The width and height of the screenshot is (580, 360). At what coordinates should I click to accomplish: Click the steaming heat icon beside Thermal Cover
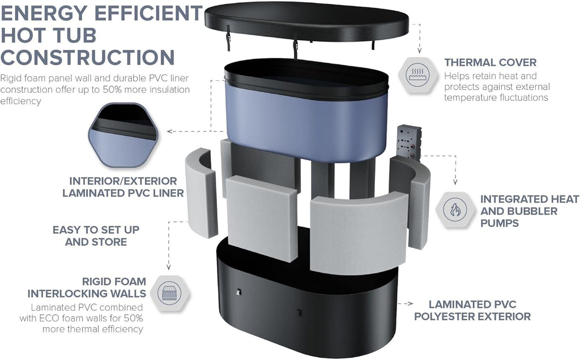click(x=417, y=75)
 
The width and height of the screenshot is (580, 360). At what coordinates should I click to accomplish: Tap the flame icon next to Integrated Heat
click(x=454, y=209)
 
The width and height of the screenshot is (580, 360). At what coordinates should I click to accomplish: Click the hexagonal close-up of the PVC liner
click(x=123, y=135)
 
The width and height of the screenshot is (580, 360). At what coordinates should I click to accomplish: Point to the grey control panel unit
click(x=408, y=143)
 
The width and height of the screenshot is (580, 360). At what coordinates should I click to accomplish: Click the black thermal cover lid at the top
click(x=306, y=21)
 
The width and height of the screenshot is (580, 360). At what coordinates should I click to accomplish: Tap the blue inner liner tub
click(x=306, y=111)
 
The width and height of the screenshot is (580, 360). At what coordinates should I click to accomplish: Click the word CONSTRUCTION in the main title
click(x=88, y=58)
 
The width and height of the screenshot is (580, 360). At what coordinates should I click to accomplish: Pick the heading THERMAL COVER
click(x=490, y=62)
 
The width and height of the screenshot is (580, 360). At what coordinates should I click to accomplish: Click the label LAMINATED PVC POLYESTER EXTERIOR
click(x=472, y=311)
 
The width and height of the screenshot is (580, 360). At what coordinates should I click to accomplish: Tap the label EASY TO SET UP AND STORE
click(x=96, y=236)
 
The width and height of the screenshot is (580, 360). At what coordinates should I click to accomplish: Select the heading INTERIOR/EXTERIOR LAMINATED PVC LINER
click(x=123, y=187)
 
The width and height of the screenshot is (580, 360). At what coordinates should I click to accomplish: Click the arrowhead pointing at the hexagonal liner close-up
click(x=169, y=131)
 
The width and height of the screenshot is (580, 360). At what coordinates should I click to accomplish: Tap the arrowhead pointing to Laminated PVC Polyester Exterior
click(x=411, y=303)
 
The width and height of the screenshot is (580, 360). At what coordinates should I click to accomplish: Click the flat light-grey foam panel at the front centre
click(x=262, y=218)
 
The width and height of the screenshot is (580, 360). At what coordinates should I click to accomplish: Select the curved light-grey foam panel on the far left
click(x=202, y=192)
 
